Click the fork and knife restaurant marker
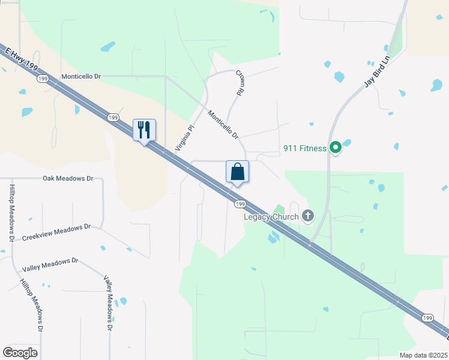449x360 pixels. click(144, 130)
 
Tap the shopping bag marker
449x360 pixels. click(238, 172)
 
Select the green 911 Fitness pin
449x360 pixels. click(336, 146)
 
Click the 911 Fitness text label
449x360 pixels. click(305, 148)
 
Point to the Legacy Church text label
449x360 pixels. click(271, 217)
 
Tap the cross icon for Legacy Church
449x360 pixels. click(308, 215)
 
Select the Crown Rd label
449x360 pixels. click(240, 83)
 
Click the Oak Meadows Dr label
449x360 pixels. click(68, 178)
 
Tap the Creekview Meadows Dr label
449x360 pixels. click(56, 232)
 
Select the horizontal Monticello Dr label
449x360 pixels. click(83, 77)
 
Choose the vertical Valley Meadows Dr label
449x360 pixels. click(108, 303)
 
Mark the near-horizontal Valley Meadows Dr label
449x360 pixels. click(50, 265)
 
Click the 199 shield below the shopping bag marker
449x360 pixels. click(240, 205)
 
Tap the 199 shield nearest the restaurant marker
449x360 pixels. click(113, 118)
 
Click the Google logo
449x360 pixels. click(20, 353)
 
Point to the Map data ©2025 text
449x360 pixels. click(423, 355)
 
